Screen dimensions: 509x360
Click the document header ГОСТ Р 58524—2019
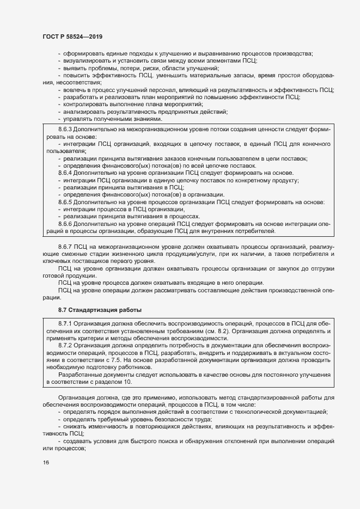(x=72, y=36)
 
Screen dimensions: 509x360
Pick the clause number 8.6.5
(x=66, y=202)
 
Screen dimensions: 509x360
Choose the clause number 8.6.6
(x=66, y=224)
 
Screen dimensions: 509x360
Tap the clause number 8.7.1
(x=66, y=324)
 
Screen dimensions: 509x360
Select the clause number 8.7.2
(x=66, y=345)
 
